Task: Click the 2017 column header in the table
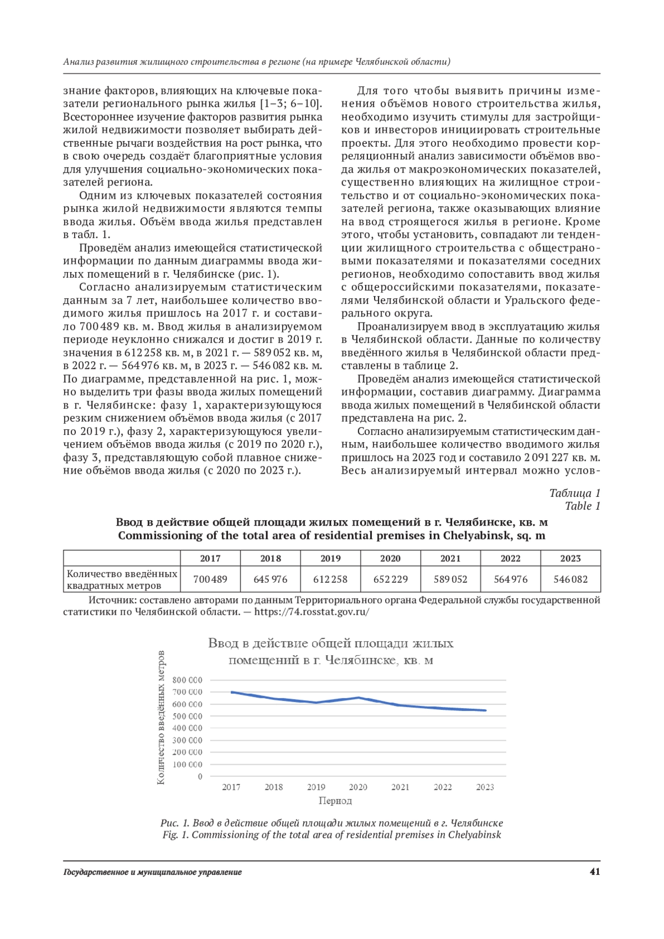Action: click(210, 558)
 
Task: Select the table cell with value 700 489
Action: click(210, 579)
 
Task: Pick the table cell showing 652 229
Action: click(390, 579)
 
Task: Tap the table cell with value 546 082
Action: click(570, 579)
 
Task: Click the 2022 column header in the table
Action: click(510, 558)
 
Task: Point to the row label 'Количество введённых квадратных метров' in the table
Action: click(122, 579)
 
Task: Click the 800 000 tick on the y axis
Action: click(188, 680)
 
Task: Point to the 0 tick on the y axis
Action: click(200, 776)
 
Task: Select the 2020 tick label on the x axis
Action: click(358, 787)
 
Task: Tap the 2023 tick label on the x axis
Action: click(485, 787)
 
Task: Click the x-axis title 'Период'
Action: click(335, 801)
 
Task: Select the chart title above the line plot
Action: click(331, 651)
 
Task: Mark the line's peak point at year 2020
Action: click(359, 698)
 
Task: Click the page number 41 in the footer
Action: click(595, 872)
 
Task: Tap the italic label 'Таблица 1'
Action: click(574, 493)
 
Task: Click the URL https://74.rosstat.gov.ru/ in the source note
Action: click(312, 612)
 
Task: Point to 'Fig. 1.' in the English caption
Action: click(175, 835)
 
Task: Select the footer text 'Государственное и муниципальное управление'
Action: click(152, 873)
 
